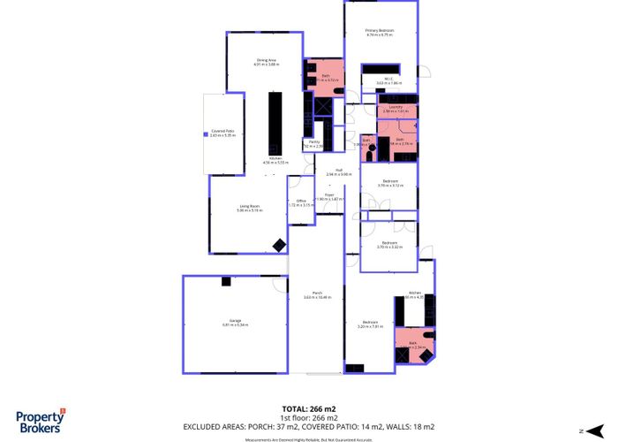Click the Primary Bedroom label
[x=380, y=31]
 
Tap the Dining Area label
[x=267, y=59]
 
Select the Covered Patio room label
[x=222, y=131]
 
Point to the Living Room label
[x=250, y=205]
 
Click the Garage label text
[x=235, y=320]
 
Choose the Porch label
[x=317, y=293]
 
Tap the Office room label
[x=301, y=201]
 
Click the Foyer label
[x=328, y=194]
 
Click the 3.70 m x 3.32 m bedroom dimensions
[x=389, y=247]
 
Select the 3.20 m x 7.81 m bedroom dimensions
[x=371, y=326]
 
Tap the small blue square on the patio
[x=206, y=135]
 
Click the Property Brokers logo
[x=41, y=421]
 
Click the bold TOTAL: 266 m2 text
[x=308, y=408]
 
